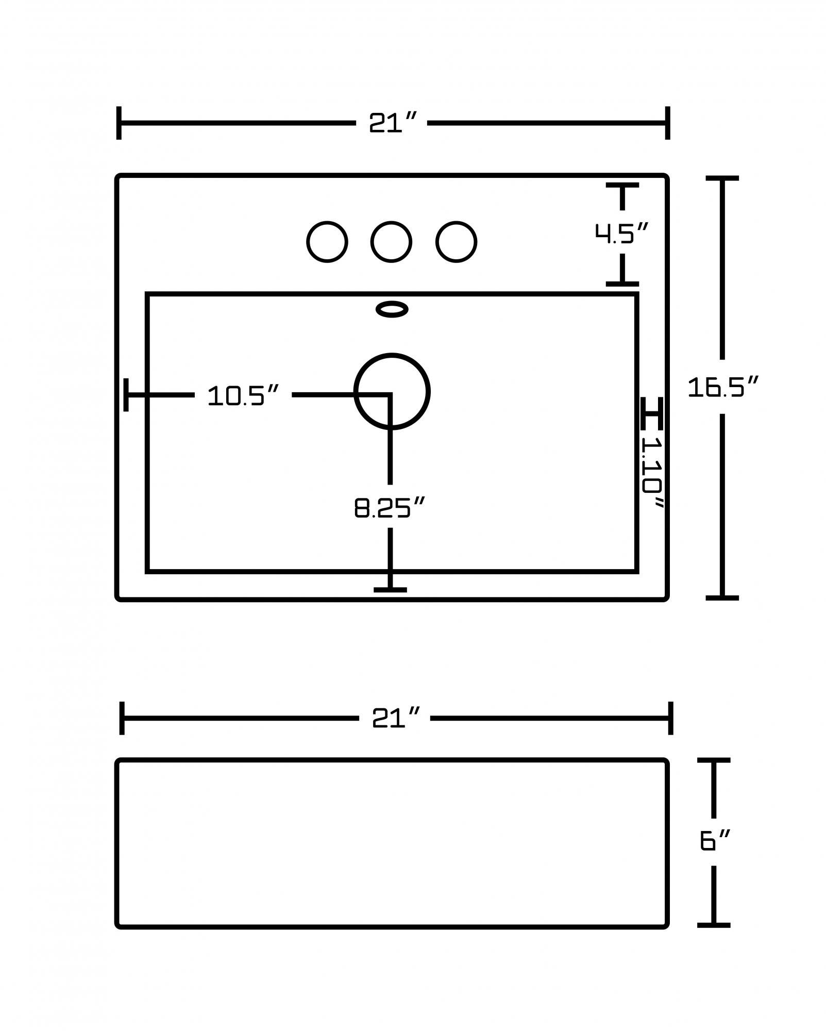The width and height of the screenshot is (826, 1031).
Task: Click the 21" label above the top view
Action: tap(392, 123)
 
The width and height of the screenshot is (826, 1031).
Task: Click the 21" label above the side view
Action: tap(395, 718)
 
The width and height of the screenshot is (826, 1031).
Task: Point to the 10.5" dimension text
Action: tap(243, 396)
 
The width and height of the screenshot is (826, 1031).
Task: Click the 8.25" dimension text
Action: tap(390, 508)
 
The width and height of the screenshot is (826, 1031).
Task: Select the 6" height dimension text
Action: tap(714, 841)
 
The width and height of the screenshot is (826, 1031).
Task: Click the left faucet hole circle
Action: tap(327, 242)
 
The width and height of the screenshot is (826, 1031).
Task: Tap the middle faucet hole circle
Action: tap(391, 242)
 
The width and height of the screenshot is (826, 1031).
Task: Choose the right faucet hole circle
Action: tap(456, 242)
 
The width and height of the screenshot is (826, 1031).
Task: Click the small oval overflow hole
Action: tap(392, 309)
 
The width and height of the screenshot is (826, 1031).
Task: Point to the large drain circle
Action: tap(392, 391)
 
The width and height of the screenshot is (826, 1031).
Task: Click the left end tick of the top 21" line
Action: tap(119, 123)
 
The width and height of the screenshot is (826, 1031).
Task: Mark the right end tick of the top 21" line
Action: tap(667, 123)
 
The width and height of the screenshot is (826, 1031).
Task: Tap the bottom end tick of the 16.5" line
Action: tap(722, 597)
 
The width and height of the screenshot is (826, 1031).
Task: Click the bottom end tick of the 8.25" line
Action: tap(390, 590)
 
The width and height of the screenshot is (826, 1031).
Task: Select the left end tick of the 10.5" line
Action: tap(126, 395)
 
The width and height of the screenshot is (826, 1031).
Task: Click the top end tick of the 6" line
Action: tap(714, 760)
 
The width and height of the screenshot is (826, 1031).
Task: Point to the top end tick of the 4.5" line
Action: tap(622, 185)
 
